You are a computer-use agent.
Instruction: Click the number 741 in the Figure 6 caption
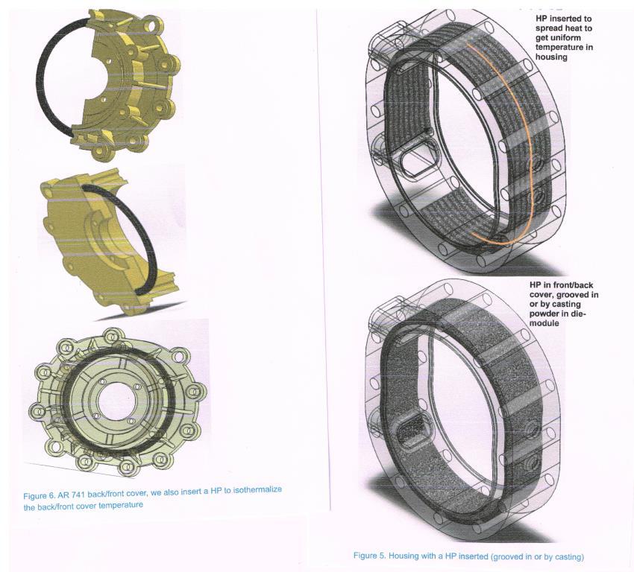[78, 495]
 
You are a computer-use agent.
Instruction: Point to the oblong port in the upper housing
[419, 157]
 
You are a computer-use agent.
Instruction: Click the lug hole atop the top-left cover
[152, 26]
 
